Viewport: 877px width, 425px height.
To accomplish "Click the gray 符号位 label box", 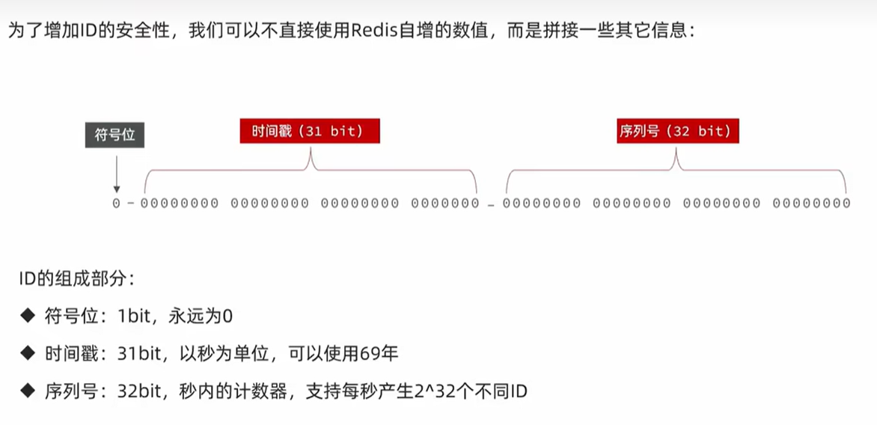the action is tap(114, 135).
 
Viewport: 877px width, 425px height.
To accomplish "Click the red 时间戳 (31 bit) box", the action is tap(310, 131).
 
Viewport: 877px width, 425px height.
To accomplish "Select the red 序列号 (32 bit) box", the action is tap(677, 131).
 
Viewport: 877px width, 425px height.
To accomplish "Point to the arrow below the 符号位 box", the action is tap(116, 174).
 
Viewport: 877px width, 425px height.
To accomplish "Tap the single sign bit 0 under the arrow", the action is tap(116, 204).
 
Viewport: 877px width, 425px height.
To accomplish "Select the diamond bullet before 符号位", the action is tap(28, 316).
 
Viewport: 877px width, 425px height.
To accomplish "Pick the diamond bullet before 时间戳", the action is tap(28, 353).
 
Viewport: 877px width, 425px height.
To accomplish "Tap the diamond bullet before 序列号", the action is tap(28, 391).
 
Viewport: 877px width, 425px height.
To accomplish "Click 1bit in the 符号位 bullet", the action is tap(133, 317).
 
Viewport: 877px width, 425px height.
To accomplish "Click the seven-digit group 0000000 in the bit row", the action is tap(445, 204).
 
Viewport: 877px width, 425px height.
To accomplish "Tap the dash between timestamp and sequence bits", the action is tap(491, 205).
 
